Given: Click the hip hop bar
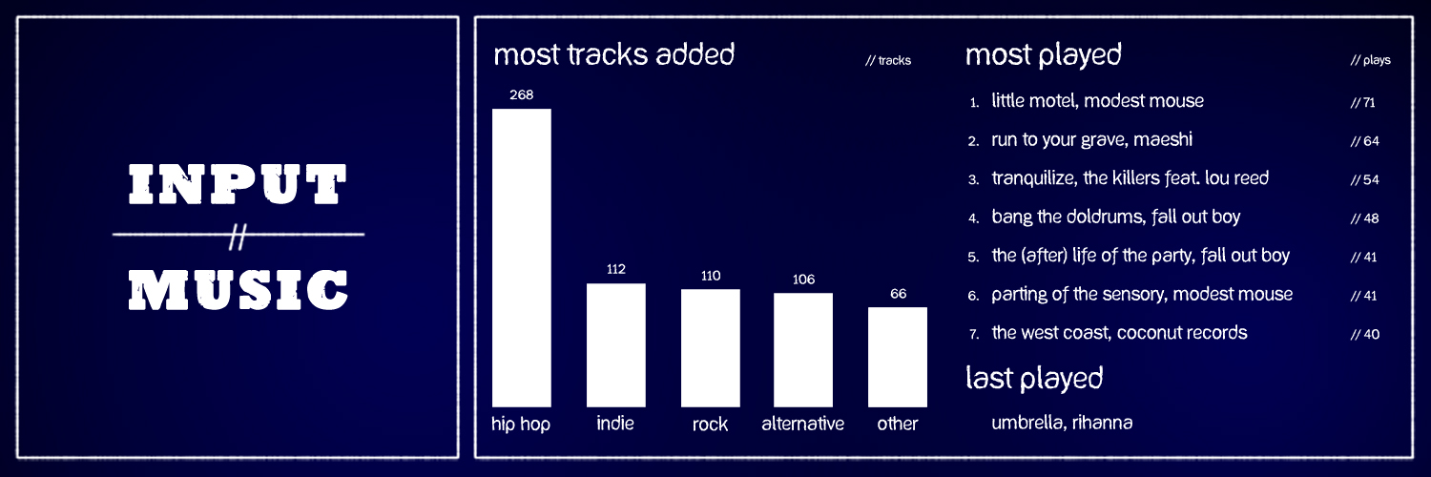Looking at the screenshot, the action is (521, 258).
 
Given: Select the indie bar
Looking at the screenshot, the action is (616, 344).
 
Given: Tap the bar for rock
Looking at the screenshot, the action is (711, 348).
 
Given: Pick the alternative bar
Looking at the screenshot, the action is (803, 350).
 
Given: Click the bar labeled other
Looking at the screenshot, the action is (898, 357).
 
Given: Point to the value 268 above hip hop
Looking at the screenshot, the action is (521, 95).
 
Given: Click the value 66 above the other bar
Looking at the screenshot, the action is (899, 294).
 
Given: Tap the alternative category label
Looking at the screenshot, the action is (803, 424).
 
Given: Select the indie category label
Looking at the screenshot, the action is (615, 423).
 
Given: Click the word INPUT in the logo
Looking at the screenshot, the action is (238, 184).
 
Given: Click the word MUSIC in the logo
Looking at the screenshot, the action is (238, 289).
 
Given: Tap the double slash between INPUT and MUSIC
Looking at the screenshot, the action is (238, 237).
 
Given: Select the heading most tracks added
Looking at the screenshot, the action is (614, 54).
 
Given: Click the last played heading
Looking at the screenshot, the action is (1034, 379).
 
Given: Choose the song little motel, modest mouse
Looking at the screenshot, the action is (1097, 101).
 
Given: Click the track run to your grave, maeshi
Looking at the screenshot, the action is (1091, 140).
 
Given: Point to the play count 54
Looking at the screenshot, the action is (1371, 180).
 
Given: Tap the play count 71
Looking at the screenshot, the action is (1368, 103).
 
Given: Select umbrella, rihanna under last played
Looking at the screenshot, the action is (1062, 423).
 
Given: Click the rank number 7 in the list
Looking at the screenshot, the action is (974, 334).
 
